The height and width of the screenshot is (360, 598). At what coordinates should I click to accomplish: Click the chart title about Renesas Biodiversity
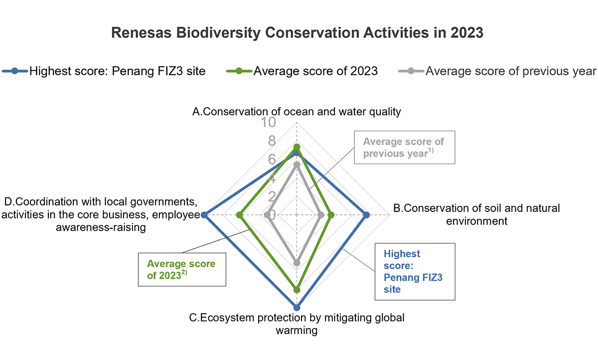297,33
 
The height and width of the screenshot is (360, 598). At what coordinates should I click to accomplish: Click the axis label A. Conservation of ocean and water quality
297,111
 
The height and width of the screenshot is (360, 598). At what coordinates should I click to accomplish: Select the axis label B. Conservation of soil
476,214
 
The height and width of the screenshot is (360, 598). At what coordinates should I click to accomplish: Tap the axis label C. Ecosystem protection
297,324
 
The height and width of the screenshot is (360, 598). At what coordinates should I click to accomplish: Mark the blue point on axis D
204,215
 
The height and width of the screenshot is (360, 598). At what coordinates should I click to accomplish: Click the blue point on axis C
297,307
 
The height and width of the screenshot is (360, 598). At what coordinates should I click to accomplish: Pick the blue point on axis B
367,215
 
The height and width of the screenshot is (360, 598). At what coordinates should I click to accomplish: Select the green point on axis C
297,290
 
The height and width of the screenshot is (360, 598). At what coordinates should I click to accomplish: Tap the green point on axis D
239,215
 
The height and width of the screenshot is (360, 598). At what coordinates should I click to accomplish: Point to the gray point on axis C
297,262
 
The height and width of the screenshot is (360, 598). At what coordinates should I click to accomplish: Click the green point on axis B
330,215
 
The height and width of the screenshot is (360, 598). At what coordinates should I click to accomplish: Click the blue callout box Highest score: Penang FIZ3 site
415,272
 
